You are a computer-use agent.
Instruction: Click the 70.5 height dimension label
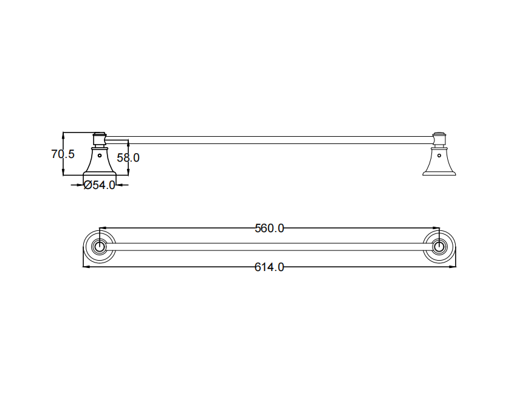tap(63, 154)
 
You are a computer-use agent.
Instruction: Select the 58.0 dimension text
tap(128, 157)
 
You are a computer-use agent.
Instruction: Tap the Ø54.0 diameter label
tap(99, 185)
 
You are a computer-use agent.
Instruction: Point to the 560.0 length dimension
tap(269, 228)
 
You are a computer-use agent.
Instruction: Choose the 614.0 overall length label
tap(269, 267)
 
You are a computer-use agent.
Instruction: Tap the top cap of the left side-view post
tap(99, 134)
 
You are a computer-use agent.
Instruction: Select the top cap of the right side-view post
tap(439, 134)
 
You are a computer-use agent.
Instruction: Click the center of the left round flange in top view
tap(99, 247)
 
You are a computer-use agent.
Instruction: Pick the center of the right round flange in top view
tap(439, 247)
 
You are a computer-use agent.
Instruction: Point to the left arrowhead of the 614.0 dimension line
tap(84, 266)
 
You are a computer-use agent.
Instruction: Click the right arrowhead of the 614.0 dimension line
tap(454, 266)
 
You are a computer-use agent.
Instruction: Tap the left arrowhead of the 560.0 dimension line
tap(101, 228)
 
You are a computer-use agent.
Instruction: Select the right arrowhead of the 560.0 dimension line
tap(437, 228)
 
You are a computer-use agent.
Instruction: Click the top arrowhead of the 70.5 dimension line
tap(63, 134)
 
